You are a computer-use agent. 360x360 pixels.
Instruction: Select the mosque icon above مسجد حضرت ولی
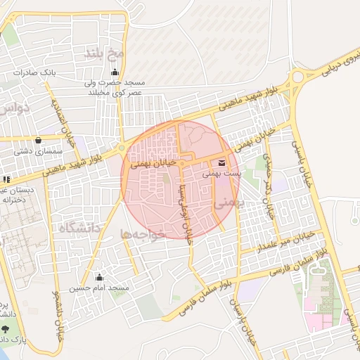[x=115, y=72]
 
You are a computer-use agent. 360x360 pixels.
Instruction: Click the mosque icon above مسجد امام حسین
[x=98, y=277]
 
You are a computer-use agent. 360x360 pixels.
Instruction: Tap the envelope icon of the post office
[x=223, y=162]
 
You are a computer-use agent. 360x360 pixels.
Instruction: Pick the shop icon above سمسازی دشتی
[x=37, y=140]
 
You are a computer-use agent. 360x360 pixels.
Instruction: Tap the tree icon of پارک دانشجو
[x=6, y=328]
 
